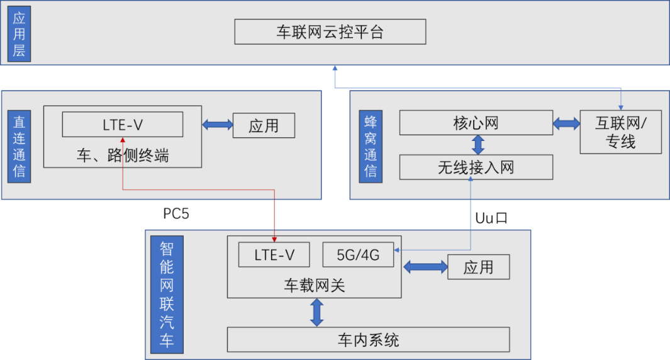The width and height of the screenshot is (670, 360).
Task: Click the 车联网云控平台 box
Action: (x=330, y=31)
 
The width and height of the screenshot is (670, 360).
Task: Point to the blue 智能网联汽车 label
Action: (x=167, y=295)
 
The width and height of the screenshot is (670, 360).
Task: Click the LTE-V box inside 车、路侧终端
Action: (x=123, y=125)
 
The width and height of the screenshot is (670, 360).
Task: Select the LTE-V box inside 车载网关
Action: (x=274, y=254)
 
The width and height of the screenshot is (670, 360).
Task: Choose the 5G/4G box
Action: (x=358, y=254)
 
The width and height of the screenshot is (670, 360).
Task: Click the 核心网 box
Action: (x=475, y=123)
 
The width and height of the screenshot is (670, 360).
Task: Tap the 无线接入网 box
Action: (x=476, y=167)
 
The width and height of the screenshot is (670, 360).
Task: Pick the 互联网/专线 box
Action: (x=620, y=132)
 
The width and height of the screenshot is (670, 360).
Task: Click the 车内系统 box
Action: (x=368, y=340)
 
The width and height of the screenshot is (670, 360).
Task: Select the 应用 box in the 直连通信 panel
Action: (x=264, y=126)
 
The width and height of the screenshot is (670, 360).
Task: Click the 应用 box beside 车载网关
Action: (x=478, y=267)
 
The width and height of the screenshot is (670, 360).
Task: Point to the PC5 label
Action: (x=176, y=214)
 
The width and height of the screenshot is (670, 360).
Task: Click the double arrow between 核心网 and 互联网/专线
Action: (x=566, y=124)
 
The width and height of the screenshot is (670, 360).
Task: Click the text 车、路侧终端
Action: (x=123, y=155)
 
